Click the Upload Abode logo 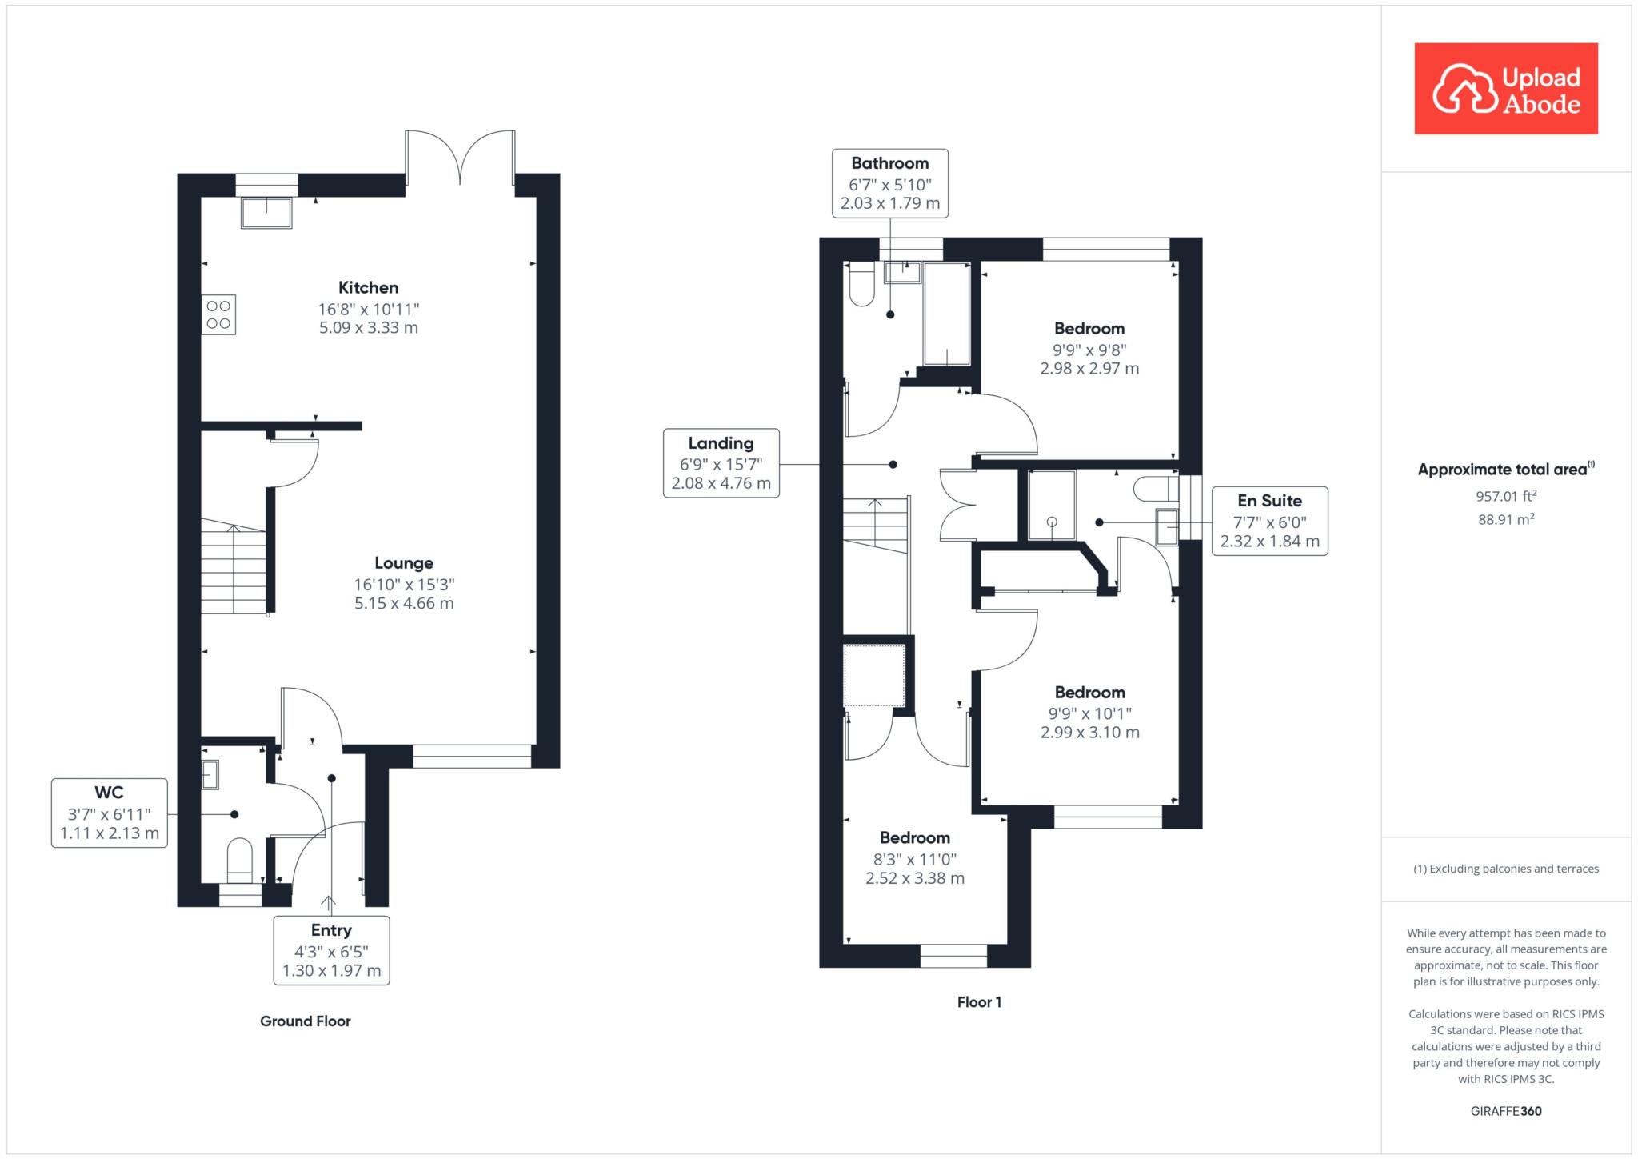point(1506,89)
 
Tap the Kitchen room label point(368,287)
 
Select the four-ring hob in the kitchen point(218,314)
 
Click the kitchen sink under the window point(266,212)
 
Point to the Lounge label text point(404,563)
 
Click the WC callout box point(110,813)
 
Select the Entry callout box point(331,950)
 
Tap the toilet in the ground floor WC point(240,861)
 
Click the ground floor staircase point(234,566)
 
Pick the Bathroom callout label point(890,183)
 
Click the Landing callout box point(721,463)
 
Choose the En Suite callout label point(1270,521)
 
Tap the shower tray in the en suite point(1052,505)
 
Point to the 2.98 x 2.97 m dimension point(1089,369)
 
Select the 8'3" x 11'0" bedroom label point(915,859)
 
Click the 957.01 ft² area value point(1506,496)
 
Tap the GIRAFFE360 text point(1506,1111)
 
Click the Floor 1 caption point(979,1002)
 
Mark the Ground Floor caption point(306,1021)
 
